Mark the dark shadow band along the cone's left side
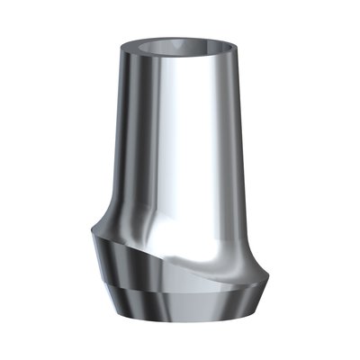[x=122, y=135]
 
